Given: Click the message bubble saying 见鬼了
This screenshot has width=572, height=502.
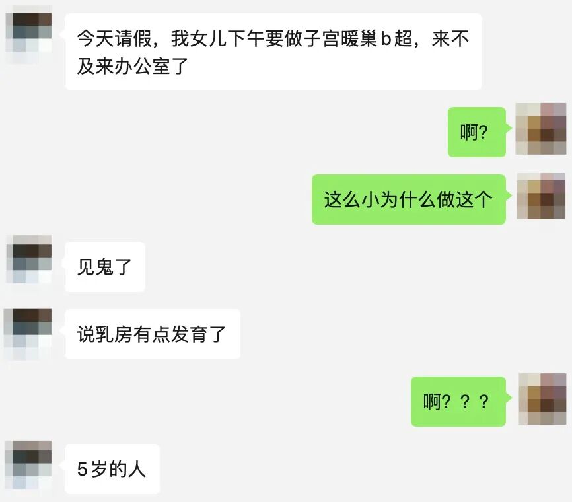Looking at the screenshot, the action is [105, 267].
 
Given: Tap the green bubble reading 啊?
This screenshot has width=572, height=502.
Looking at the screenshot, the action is [476, 132].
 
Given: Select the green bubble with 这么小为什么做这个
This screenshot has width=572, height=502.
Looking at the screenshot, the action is [408, 199].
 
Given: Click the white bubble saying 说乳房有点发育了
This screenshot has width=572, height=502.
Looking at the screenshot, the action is [152, 334].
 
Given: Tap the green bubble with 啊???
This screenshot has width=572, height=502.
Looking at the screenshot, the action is [458, 402].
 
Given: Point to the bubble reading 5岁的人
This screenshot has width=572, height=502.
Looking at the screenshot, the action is [112, 469].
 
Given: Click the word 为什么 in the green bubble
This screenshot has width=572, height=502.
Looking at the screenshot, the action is [408, 199].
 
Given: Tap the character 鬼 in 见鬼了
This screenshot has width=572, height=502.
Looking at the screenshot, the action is [105, 267].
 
